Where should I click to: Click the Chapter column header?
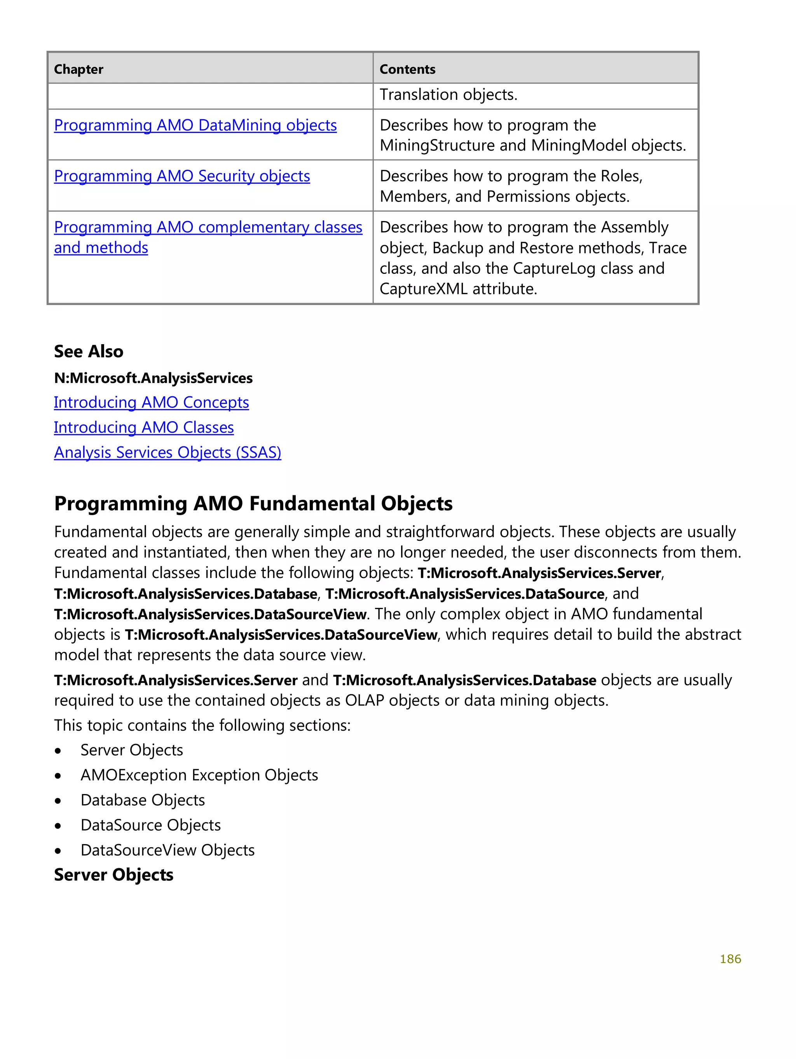[x=79, y=70]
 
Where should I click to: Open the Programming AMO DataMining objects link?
[x=195, y=125]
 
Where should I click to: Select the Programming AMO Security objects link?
[x=182, y=176]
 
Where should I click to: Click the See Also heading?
[x=89, y=352]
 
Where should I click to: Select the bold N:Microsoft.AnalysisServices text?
[x=153, y=378]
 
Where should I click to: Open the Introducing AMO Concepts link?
[x=151, y=402]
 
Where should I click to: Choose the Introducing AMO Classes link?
[x=144, y=428]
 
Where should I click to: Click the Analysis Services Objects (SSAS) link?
[x=167, y=453]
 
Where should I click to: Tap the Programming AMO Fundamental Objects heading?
[x=253, y=503]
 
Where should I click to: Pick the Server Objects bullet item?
[x=132, y=750]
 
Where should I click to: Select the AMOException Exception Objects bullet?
[x=199, y=775]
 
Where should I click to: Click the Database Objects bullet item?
[x=143, y=800]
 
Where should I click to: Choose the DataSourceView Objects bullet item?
[x=168, y=850]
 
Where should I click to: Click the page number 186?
[x=730, y=959]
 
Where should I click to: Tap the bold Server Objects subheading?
[x=113, y=875]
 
